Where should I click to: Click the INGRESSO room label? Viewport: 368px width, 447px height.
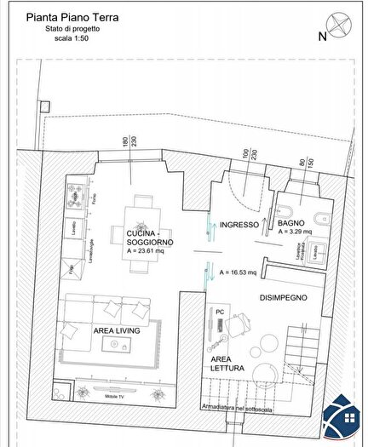(239, 226)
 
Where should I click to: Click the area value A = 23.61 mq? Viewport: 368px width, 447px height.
(150, 252)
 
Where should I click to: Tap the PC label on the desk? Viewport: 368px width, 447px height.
(219, 312)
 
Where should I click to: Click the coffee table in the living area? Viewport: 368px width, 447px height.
(116, 344)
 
